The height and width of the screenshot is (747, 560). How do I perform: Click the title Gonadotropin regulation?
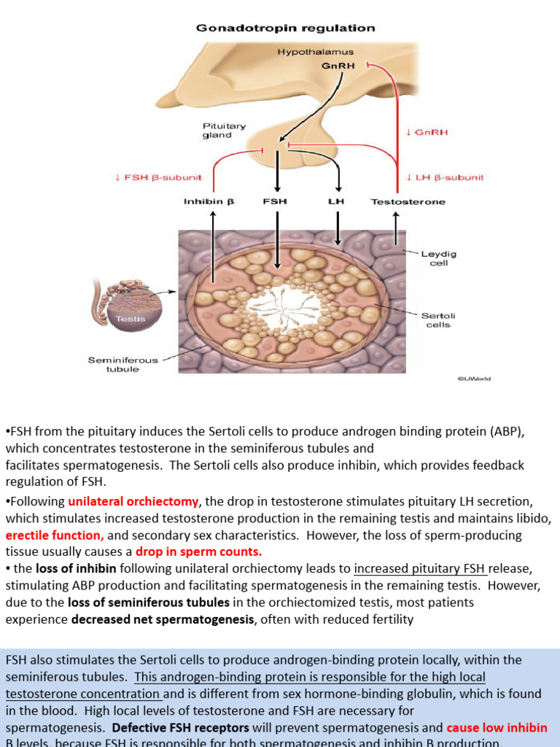click(x=286, y=28)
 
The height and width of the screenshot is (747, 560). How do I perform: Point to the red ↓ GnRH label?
click(x=427, y=132)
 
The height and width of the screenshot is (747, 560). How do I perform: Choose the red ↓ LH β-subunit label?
click(x=445, y=177)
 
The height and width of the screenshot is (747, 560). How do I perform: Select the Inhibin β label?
click(x=209, y=201)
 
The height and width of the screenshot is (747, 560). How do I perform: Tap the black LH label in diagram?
click(x=336, y=201)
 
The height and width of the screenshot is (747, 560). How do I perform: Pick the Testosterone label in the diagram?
click(x=408, y=201)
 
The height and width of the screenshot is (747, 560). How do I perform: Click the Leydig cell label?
click(x=438, y=258)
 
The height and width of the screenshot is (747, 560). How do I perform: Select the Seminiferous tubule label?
click(x=122, y=364)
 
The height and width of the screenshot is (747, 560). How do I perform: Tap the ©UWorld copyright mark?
click(x=474, y=379)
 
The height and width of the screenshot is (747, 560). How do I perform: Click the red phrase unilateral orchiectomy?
click(x=133, y=501)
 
